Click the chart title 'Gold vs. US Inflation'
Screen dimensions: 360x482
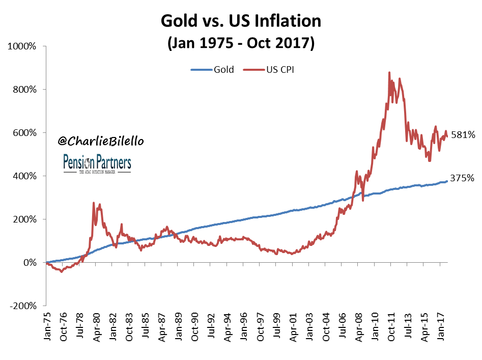coord(241,21)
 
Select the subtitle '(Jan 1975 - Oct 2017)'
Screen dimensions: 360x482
coord(241,43)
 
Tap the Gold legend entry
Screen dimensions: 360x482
coord(212,70)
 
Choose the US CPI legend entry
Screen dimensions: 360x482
coord(270,70)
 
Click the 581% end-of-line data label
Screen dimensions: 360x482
coord(463,135)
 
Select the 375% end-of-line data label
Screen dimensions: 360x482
coord(463,178)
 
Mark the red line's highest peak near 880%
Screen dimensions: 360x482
coord(389,72)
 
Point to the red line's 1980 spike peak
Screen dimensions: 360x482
coord(94,203)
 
